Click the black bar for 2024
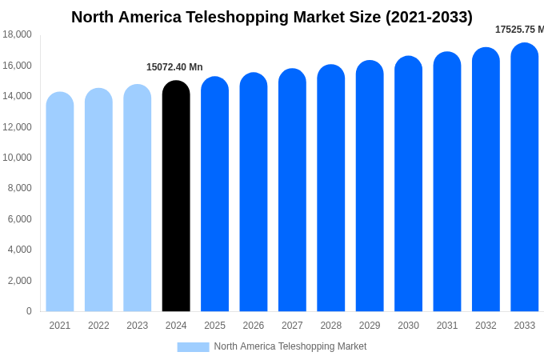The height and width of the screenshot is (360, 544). (x=176, y=196)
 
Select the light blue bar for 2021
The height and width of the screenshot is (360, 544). (x=60, y=202)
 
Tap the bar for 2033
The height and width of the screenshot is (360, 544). (x=524, y=178)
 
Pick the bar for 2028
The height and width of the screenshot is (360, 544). (x=330, y=188)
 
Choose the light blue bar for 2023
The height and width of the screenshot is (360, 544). (x=137, y=198)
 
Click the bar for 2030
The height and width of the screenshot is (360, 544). (x=408, y=184)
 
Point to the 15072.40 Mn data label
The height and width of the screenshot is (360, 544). (x=174, y=67)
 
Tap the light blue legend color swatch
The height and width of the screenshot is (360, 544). (x=193, y=346)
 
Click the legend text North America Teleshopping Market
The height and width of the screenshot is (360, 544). (x=290, y=346)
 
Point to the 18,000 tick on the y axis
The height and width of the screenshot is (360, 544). (x=17, y=34)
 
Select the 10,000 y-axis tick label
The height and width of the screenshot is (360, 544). (x=17, y=158)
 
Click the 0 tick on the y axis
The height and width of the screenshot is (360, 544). (x=29, y=311)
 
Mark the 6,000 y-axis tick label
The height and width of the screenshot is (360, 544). (x=19, y=219)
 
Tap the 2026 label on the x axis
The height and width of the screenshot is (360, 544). (x=253, y=326)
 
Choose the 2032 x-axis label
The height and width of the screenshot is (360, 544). (x=486, y=326)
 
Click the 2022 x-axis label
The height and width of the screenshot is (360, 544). (x=98, y=326)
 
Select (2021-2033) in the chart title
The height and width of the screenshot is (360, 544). (x=429, y=17)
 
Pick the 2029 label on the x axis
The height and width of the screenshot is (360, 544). (x=370, y=326)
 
